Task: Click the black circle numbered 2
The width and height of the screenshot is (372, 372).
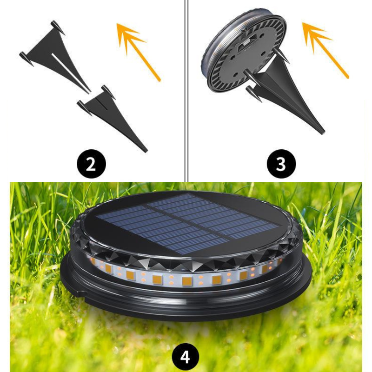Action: pyautogui.click(x=91, y=164)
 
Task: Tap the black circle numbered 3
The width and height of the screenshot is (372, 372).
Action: pyautogui.click(x=281, y=164)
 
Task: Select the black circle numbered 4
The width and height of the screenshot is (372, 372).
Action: pyautogui.click(x=186, y=357)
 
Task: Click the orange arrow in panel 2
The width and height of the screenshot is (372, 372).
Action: pyautogui.click(x=139, y=52)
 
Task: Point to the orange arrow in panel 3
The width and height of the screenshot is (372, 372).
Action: pyautogui.click(x=325, y=50)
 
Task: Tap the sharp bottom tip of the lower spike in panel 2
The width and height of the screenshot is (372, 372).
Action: pyautogui.click(x=146, y=151)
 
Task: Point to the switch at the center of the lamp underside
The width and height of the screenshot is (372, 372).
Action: pyautogui.click(x=246, y=43)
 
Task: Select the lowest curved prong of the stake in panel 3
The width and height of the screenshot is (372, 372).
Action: pyautogui.click(x=254, y=94)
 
